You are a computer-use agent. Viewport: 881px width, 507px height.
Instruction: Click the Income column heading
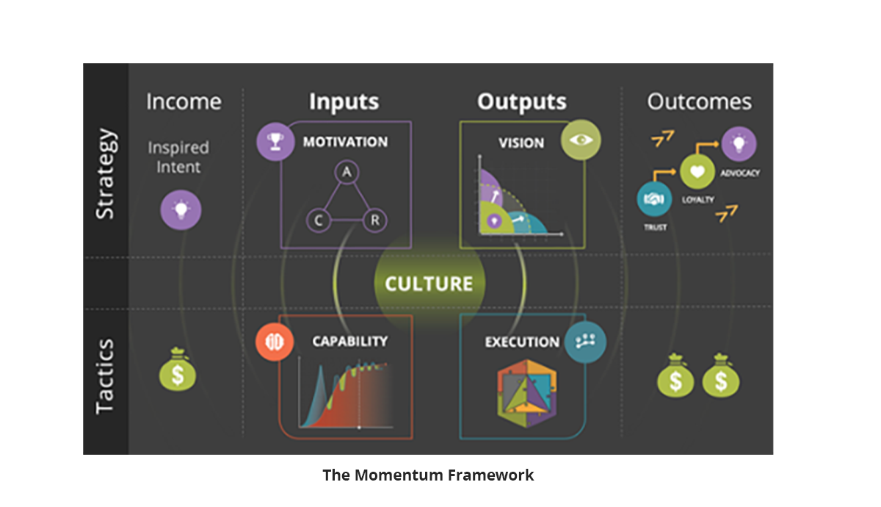click(184, 101)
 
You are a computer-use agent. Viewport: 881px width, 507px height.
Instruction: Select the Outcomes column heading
click(699, 101)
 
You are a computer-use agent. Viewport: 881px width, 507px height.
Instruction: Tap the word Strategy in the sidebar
click(105, 173)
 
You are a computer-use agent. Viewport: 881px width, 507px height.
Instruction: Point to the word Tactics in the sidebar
click(105, 376)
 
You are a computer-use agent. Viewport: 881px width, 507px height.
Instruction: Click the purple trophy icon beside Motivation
click(275, 142)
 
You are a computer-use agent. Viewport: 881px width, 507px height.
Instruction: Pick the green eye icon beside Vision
click(581, 140)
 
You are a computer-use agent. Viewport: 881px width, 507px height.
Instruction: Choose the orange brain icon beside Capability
click(274, 342)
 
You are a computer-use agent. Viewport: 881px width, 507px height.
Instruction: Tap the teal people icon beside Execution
click(585, 342)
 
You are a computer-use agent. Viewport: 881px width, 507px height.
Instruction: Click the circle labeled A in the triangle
click(347, 172)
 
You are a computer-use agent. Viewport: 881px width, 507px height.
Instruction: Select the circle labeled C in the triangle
click(319, 220)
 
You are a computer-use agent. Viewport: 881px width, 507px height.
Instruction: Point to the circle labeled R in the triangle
click(374, 220)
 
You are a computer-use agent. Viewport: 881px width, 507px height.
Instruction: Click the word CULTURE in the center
click(429, 284)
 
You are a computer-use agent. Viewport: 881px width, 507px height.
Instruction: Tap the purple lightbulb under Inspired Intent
click(181, 210)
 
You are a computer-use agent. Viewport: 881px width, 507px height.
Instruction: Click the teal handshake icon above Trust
click(654, 199)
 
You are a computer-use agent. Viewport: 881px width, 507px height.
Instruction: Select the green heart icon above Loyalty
click(697, 172)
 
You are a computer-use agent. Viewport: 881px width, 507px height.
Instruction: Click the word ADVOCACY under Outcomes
click(740, 173)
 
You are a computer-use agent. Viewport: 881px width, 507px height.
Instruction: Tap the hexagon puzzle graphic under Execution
click(527, 393)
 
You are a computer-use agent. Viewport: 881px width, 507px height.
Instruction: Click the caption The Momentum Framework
click(428, 475)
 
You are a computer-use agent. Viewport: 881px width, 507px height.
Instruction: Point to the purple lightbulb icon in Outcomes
click(739, 144)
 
